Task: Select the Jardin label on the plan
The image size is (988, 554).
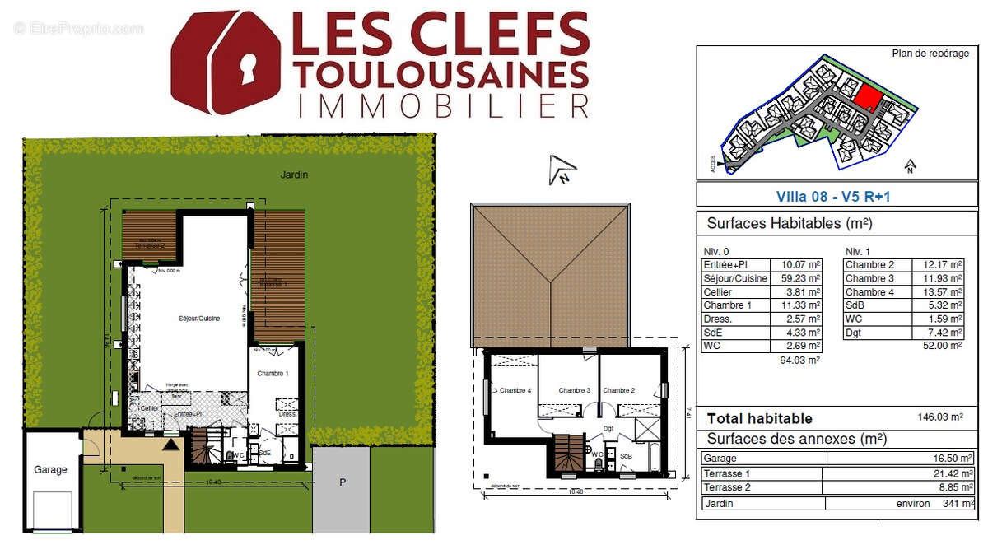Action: [x=293, y=175]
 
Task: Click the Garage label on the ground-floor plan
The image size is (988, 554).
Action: [x=50, y=469]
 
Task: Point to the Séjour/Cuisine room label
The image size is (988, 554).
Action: [x=199, y=318]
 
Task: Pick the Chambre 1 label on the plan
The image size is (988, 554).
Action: [x=273, y=374]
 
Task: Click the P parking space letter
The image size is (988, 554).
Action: [x=343, y=482]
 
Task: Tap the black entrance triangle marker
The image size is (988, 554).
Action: [x=170, y=445]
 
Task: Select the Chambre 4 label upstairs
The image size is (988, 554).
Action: [x=515, y=390]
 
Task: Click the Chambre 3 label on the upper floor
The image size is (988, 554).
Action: [x=575, y=390]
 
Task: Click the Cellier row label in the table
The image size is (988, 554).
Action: [x=718, y=291]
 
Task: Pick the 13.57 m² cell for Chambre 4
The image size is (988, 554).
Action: [x=939, y=291]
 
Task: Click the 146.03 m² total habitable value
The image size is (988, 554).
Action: [x=940, y=417]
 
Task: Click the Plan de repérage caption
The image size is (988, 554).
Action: [x=919, y=53]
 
